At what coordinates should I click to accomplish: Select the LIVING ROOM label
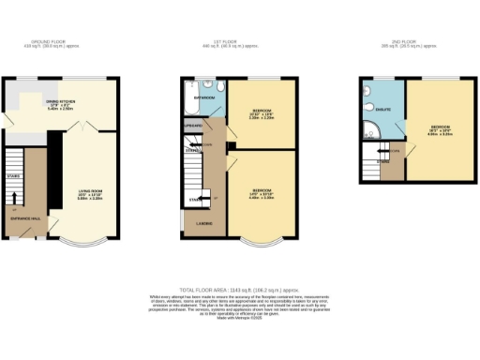(90, 192)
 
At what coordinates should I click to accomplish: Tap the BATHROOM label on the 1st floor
(205, 97)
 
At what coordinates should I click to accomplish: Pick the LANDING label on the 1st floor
(203, 222)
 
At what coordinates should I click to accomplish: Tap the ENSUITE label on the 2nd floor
(382, 110)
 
